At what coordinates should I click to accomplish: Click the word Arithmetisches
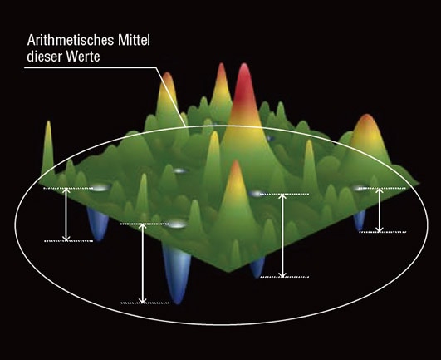pyautogui.click(x=71, y=40)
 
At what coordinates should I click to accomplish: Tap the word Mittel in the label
pyautogui.click(x=134, y=40)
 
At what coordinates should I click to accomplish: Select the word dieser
pyautogui.click(x=44, y=56)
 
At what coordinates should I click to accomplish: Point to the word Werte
pyautogui.click(x=83, y=57)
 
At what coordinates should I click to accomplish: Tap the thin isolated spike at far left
pyautogui.click(x=49, y=146)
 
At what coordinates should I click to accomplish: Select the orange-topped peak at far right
pyautogui.click(x=367, y=136)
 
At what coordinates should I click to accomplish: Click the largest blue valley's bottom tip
pyautogui.click(x=177, y=303)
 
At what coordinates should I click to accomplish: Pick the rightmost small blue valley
pyautogui.click(x=360, y=220)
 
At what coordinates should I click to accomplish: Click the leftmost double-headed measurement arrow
pyautogui.click(x=66, y=215)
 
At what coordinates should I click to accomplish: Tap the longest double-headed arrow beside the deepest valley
pyautogui.click(x=143, y=264)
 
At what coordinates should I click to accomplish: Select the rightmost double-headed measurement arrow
pyautogui.click(x=380, y=210)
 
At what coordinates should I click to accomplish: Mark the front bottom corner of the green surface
pyautogui.click(x=229, y=272)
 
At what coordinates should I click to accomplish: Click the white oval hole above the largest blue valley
pyautogui.click(x=177, y=224)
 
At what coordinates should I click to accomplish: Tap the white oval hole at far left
pyautogui.click(x=100, y=188)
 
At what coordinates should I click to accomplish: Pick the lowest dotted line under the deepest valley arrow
pyautogui.click(x=145, y=303)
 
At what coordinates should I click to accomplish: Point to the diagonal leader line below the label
pyautogui.click(x=171, y=96)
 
